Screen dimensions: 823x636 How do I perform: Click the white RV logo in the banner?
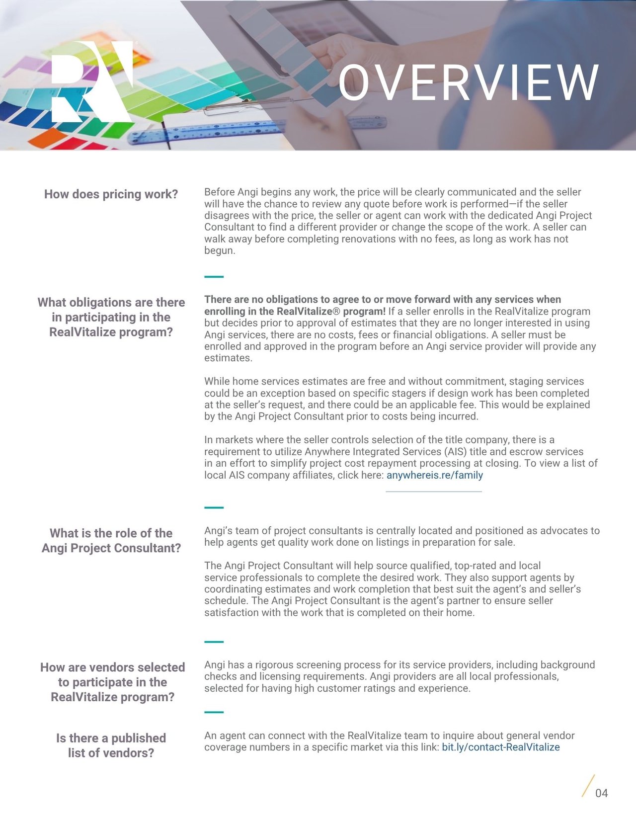92,82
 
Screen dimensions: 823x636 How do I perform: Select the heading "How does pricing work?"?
111,194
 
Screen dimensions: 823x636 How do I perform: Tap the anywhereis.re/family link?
435,475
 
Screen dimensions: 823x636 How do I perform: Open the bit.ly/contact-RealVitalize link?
501,747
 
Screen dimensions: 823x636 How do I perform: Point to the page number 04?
601,793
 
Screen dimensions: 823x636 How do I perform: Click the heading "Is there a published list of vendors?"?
111,745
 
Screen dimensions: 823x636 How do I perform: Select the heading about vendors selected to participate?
112,682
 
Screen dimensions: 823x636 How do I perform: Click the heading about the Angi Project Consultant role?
111,541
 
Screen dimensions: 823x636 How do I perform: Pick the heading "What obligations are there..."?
111,317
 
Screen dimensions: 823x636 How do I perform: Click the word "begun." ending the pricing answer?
220,250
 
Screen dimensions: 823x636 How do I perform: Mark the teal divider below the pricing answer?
214,276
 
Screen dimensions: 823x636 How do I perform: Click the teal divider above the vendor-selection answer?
214,642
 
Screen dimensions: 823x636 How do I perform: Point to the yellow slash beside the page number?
588,786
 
